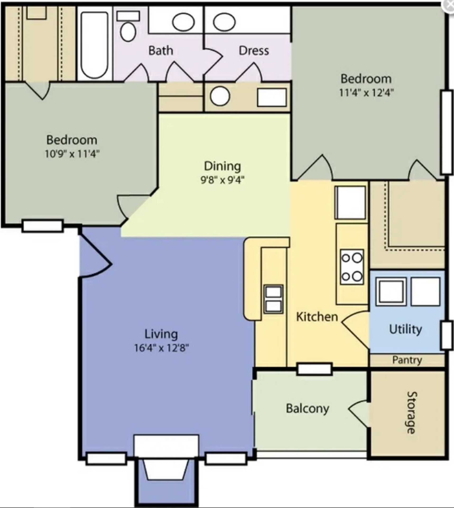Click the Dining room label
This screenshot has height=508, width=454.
223,166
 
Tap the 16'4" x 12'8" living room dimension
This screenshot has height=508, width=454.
161,348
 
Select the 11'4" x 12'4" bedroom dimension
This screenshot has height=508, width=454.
366,93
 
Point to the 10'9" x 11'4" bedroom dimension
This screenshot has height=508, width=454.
72,154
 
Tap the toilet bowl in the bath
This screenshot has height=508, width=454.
128,31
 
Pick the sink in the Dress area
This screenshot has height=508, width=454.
224,21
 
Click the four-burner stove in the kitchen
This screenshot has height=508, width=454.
352,267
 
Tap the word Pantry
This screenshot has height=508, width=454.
407,360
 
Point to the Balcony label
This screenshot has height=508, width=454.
307,409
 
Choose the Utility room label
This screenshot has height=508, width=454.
405,330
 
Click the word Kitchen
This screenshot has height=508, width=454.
317,317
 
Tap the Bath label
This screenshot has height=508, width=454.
161,50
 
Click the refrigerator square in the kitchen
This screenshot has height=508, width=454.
350,202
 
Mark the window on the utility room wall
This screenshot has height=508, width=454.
446,335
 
